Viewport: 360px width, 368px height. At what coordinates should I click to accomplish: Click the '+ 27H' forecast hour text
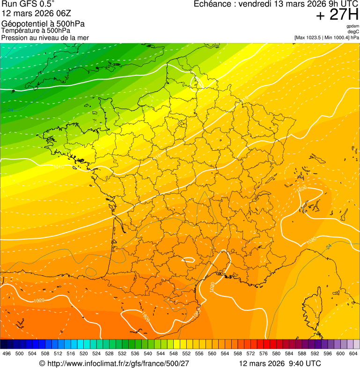337,15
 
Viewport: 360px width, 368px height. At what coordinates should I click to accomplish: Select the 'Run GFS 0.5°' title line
28,5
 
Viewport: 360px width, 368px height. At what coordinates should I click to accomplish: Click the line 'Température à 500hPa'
38,31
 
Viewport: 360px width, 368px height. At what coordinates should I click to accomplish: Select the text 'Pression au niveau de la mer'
45,37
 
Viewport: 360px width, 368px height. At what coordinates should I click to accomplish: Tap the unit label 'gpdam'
353,26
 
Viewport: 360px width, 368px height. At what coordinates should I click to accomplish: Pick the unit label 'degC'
353,31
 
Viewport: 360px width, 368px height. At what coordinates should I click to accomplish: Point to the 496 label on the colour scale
7,353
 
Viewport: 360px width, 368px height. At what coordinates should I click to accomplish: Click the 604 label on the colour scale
353,353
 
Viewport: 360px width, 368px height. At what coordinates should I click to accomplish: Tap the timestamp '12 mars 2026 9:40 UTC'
280,363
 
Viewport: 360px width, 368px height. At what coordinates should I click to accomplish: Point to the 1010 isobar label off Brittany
59,167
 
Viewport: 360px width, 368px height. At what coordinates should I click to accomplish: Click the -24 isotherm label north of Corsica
328,246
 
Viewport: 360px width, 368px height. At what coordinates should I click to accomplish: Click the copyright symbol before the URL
42,363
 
